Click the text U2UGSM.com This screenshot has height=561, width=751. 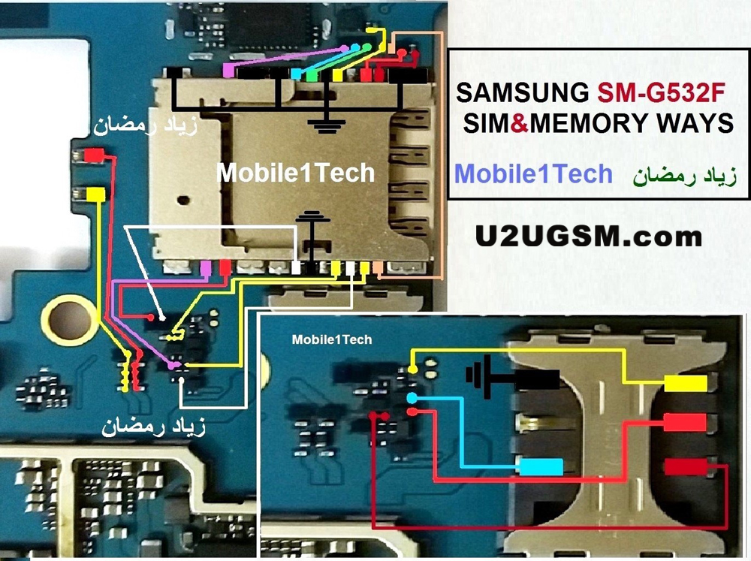589,237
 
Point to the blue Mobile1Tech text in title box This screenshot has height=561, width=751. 534,173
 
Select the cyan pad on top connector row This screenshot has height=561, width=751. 297,74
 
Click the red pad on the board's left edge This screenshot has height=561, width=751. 95,155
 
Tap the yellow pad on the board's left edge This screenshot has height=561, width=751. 95,194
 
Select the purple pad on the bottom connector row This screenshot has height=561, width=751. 207,267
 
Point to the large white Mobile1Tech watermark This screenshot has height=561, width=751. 295,173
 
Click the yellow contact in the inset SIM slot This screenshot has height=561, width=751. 685,384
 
